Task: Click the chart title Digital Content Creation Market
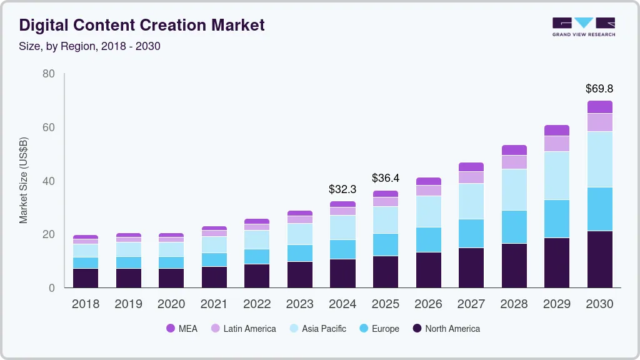[x=142, y=25]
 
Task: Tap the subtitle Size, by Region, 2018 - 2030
[x=90, y=46]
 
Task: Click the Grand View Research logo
[x=583, y=26]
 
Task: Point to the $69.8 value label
[x=599, y=89]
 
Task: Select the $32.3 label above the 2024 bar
[x=342, y=189]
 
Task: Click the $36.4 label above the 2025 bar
[x=385, y=178]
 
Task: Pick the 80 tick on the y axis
[x=48, y=74]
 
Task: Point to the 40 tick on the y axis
[x=48, y=181]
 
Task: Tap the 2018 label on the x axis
[x=86, y=304]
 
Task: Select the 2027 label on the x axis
[x=471, y=304]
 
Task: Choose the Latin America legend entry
[x=243, y=328]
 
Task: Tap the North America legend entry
[x=446, y=328]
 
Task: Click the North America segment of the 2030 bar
[x=599, y=259]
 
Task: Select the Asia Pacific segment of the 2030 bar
[x=599, y=159]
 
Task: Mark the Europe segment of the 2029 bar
[x=557, y=219]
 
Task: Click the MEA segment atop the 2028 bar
[x=514, y=150]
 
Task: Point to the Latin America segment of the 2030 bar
[x=599, y=122]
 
